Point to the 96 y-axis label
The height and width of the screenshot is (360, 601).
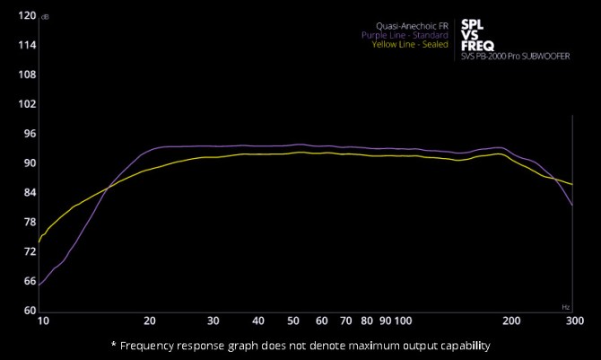coord(29,134)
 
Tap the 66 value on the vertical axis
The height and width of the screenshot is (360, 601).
coord(29,282)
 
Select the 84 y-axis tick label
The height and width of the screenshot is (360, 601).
coord(29,193)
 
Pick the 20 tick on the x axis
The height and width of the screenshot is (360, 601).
coord(150,320)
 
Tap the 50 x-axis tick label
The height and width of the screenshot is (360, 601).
coord(293,320)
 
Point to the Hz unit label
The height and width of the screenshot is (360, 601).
coord(566,307)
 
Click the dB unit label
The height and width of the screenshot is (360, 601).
coord(45,16)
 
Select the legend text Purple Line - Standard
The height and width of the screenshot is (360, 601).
coord(405,35)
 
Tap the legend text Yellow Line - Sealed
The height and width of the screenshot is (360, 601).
coord(410,44)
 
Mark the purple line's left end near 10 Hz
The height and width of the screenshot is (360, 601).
coord(39,285)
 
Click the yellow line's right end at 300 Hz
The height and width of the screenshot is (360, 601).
coord(572,185)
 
